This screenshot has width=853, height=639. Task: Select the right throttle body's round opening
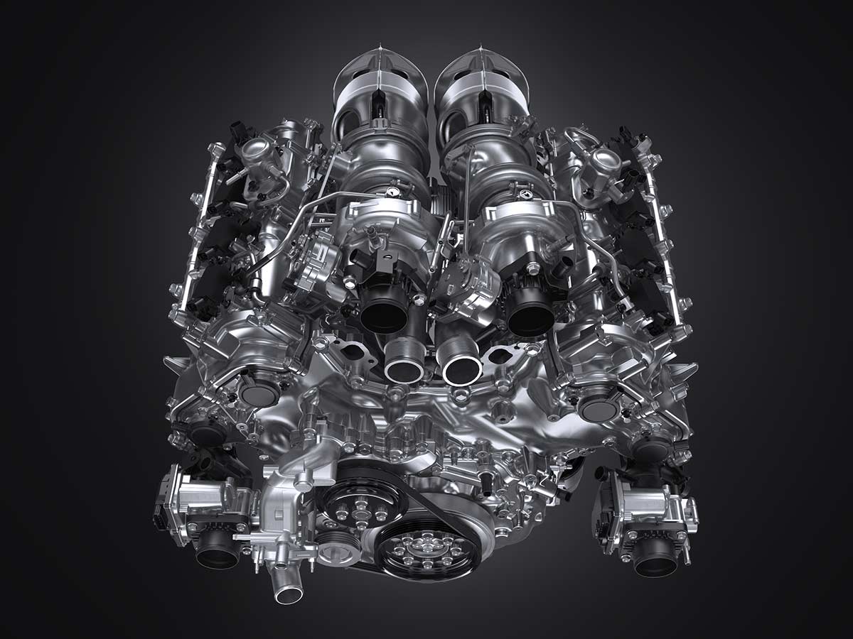pyautogui.click(x=655, y=560)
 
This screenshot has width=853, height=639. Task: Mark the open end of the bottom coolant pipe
pyautogui.click(x=289, y=594)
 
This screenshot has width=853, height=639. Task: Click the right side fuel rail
pyautogui.click(x=661, y=234)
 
